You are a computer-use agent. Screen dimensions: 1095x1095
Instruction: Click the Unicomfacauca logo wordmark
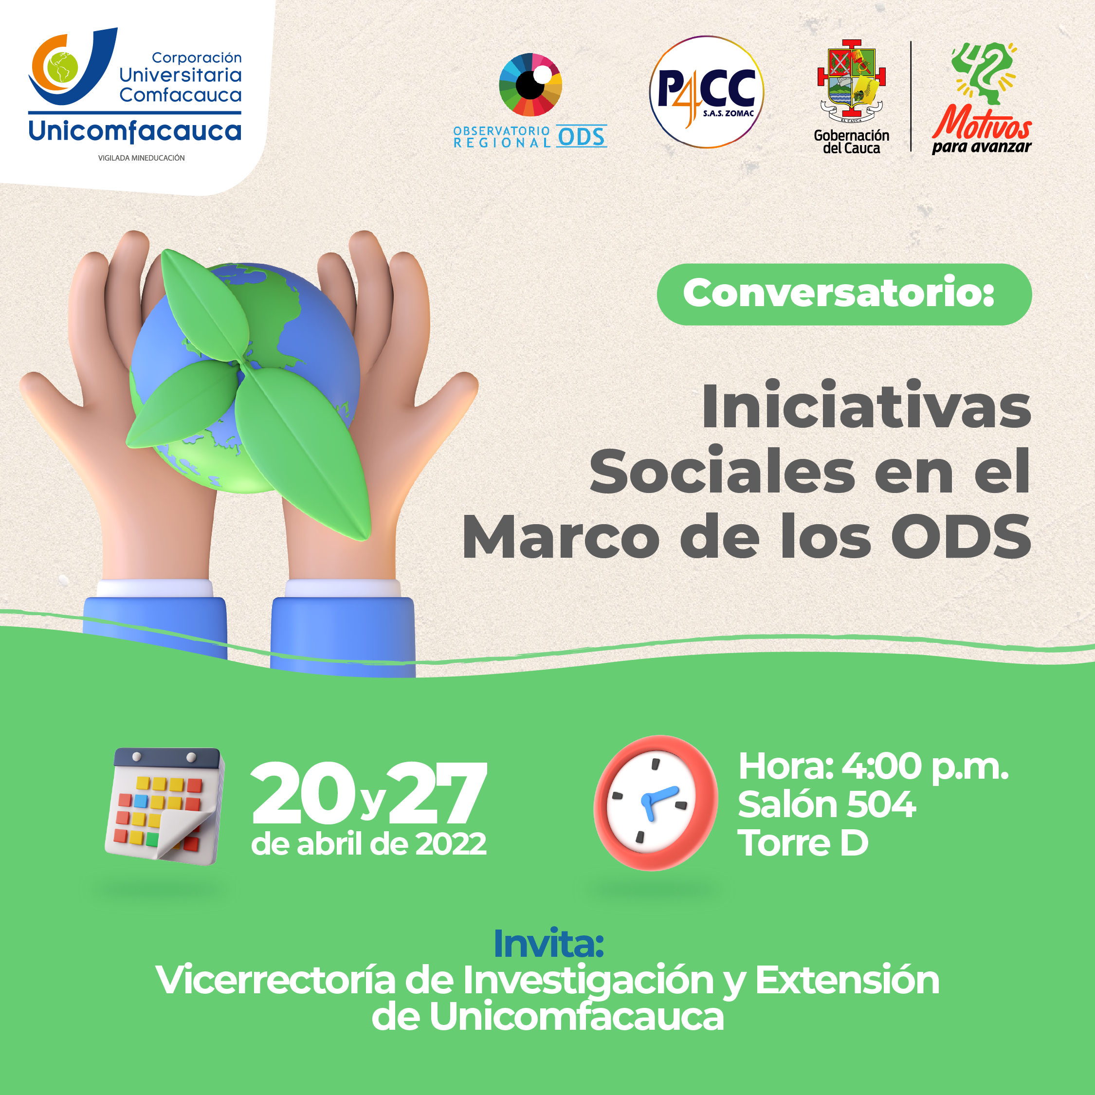click(x=135, y=131)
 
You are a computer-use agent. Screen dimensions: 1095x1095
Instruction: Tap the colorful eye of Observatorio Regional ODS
click(x=530, y=85)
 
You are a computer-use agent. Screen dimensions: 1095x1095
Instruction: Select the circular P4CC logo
click(x=706, y=92)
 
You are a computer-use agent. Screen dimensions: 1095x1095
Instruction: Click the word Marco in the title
click(x=561, y=537)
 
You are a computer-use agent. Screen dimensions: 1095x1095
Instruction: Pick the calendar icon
click(x=165, y=805)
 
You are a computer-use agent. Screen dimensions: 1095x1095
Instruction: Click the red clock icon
click(x=655, y=803)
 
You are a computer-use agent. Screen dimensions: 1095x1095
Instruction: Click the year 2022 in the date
click(x=451, y=844)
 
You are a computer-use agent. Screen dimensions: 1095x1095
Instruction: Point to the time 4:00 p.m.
click(x=925, y=767)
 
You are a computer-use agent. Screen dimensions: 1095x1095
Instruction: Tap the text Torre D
click(x=803, y=843)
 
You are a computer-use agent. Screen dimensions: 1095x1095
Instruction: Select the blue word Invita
click(x=548, y=944)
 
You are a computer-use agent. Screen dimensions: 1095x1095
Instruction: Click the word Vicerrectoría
click(x=276, y=980)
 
